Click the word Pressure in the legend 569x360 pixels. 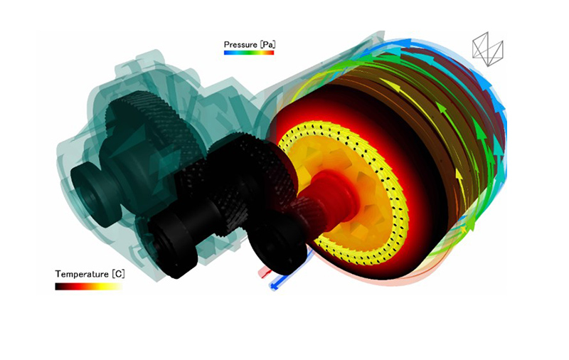tap(240, 45)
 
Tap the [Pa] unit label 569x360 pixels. tap(267, 45)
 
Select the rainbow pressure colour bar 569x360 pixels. tap(249, 53)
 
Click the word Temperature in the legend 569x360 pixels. tap(82, 274)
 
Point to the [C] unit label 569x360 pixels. tap(118, 274)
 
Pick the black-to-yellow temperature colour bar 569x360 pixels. tap(89, 286)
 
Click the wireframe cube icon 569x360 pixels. tap(488, 49)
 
